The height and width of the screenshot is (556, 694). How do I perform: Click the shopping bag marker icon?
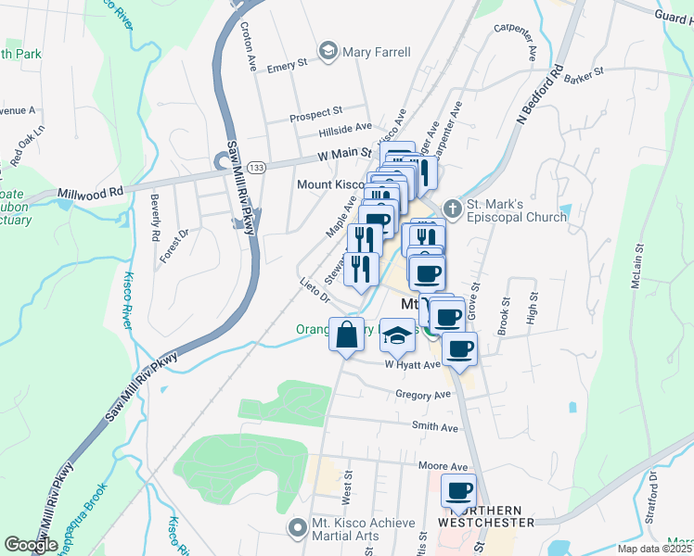tap(346, 335)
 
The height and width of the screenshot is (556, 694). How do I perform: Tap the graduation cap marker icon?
tap(397, 335)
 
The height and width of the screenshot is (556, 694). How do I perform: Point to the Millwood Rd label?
tap(90, 193)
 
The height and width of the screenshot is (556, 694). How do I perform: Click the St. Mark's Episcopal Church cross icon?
tap(453, 207)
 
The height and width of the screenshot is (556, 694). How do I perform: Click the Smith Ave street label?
tap(435, 428)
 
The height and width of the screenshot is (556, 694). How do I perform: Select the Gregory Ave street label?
tap(422, 395)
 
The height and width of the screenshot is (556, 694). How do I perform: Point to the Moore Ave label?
tap(443, 466)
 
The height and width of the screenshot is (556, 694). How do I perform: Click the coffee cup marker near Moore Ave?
tap(457, 491)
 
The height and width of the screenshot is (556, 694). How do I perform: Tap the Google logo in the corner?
tap(31, 545)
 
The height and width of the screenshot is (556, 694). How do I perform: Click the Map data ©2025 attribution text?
tap(653, 549)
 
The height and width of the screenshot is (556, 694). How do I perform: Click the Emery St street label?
tap(287, 66)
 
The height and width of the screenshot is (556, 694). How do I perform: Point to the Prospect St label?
tap(315, 114)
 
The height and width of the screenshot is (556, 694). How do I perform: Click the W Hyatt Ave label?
tap(412, 365)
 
